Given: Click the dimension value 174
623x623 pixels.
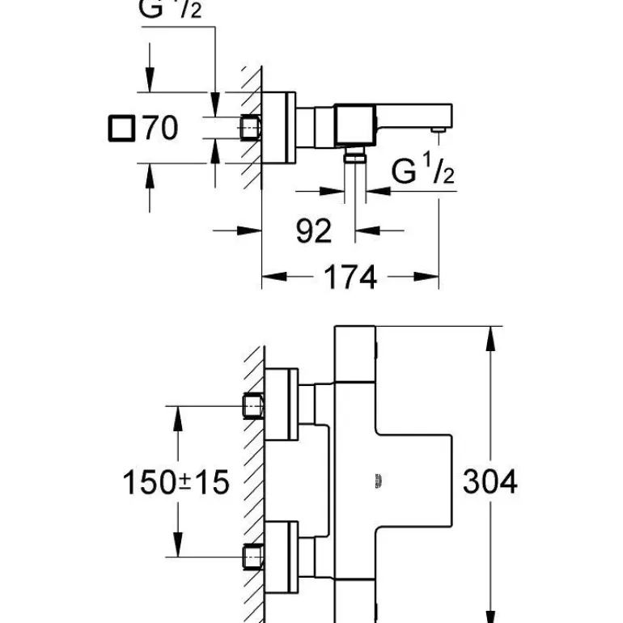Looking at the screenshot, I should [350, 278].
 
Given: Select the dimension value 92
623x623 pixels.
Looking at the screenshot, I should [313, 231].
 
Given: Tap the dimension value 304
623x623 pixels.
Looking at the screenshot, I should [489, 482].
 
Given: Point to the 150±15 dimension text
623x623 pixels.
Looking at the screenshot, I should [176, 483].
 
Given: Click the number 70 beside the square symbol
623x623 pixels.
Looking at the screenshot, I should [160, 128].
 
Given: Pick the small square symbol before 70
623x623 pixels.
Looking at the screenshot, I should [121, 128].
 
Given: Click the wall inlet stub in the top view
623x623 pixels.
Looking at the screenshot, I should [251, 128].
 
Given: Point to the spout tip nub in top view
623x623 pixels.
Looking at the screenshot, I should [438, 129].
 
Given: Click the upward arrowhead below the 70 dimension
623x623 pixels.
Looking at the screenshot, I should [149, 175].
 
